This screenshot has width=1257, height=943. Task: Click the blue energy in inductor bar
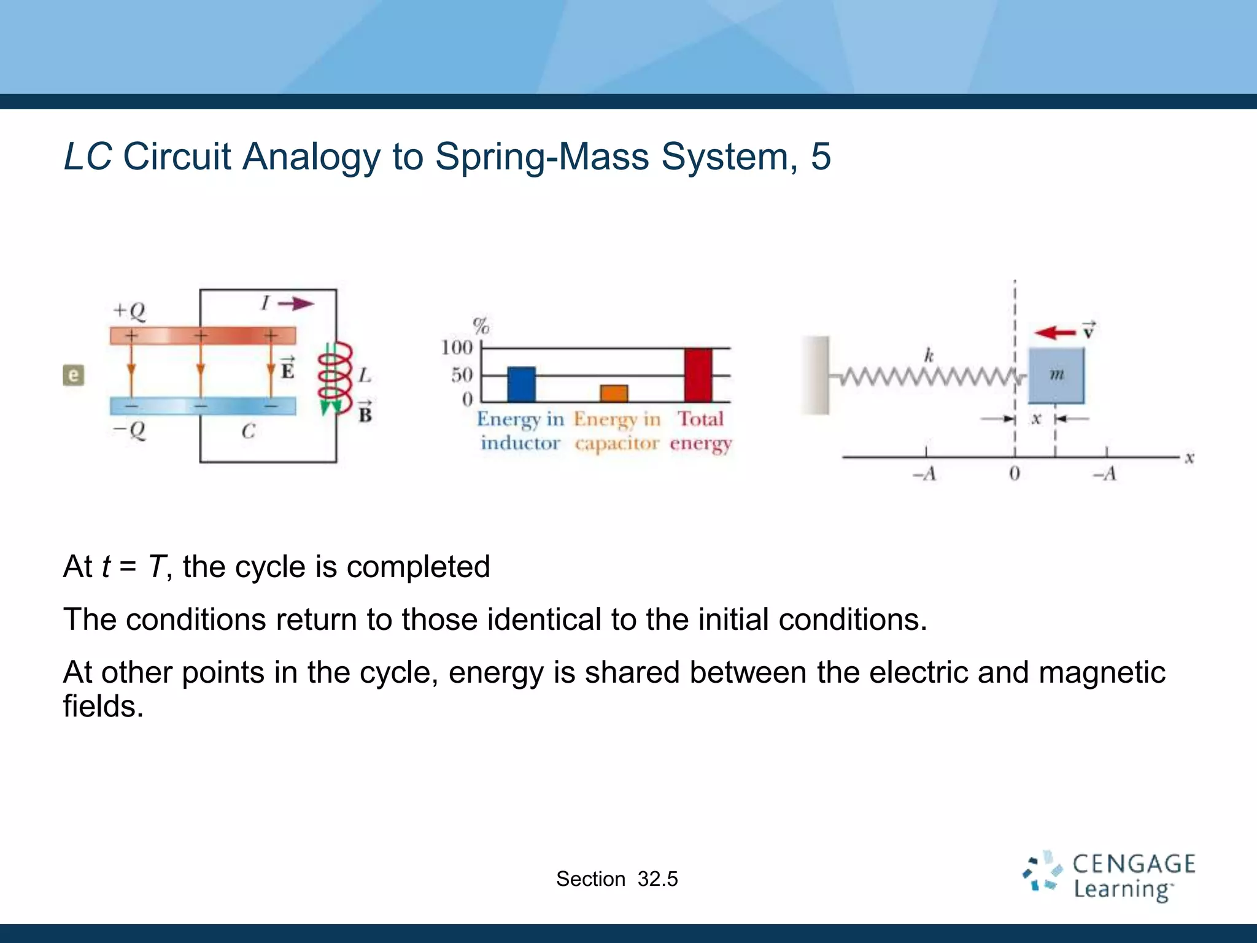521,384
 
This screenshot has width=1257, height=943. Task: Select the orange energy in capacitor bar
614,393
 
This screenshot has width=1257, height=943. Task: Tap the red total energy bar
698,374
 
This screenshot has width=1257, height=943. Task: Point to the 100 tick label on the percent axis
457,347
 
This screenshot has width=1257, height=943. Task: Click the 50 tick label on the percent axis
462,374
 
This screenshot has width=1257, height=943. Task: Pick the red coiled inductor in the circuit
335,378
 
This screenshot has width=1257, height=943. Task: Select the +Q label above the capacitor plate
130,311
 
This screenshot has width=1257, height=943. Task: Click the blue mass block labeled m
1056,375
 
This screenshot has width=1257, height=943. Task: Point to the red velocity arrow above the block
1054,333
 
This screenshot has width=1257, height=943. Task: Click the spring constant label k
929,355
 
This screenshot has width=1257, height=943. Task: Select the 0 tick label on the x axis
1014,473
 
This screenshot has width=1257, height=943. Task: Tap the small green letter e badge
74,375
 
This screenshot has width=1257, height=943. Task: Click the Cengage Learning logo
1108,877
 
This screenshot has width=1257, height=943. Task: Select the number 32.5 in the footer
657,879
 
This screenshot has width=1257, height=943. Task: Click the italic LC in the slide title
88,157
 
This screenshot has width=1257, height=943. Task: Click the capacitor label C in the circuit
248,431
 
